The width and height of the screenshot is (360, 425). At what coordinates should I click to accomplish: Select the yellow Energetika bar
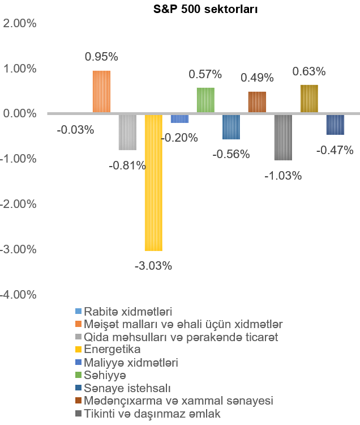click(x=153, y=181)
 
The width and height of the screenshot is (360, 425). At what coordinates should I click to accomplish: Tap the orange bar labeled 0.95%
click(x=101, y=92)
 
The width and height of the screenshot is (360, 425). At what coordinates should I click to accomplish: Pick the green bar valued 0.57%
click(x=205, y=100)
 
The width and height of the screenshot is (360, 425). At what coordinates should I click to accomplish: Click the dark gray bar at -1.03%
click(x=283, y=137)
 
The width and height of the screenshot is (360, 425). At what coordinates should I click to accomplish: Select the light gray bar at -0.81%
click(x=127, y=131)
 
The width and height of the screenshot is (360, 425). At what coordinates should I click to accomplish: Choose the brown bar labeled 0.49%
click(x=257, y=102)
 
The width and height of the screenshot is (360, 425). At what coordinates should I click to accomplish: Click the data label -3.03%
click(x=153, y=265)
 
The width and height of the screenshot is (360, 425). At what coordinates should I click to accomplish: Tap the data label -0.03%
click(x=75, y=130)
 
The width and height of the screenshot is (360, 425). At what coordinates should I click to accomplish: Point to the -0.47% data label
click(x=335, y=150)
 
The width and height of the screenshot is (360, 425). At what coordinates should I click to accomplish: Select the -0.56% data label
click(x=231, y=154)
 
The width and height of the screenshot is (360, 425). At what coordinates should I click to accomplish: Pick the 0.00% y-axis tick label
click(x=20, y=114)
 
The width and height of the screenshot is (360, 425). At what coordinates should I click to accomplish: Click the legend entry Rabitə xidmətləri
click(x=128, y=312)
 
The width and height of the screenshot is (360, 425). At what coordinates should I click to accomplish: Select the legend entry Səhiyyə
click(x=105, y=375)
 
